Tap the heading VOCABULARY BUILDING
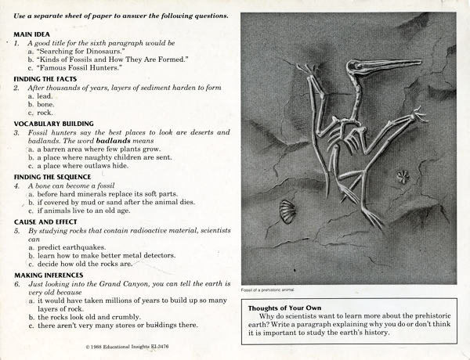point(53,123)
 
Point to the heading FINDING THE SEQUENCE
point(52,177)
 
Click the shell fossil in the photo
point(287,211)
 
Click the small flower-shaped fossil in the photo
point(403,177)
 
